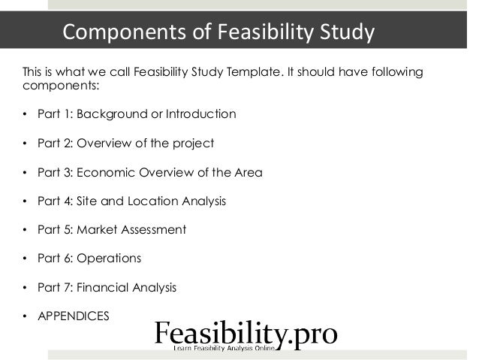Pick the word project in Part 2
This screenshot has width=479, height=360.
192,144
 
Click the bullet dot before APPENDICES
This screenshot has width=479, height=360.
24,316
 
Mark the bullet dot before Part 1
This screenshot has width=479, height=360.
24,115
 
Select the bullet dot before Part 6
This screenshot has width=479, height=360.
24,258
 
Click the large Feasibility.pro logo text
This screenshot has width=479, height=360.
246,333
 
